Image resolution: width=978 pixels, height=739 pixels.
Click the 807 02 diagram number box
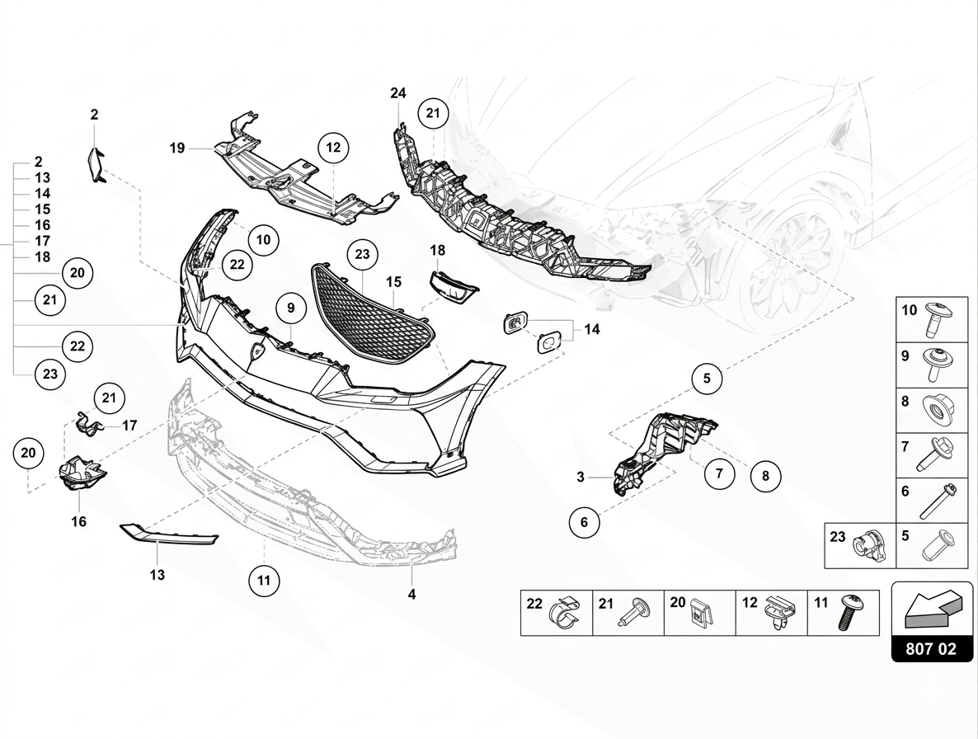932,648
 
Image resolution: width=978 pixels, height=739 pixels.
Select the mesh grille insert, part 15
373,313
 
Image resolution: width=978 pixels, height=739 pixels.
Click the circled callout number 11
264,581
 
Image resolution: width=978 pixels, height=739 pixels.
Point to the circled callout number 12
333,148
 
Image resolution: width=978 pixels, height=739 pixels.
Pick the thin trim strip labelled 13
169,534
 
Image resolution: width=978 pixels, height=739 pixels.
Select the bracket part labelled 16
81,473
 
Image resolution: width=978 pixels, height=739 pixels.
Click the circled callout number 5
707,378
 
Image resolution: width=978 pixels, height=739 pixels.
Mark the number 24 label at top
398,93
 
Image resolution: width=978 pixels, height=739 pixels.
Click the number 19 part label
177,148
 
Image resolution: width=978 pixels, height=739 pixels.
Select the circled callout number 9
290,308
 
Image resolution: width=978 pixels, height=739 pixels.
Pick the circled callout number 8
765,477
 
